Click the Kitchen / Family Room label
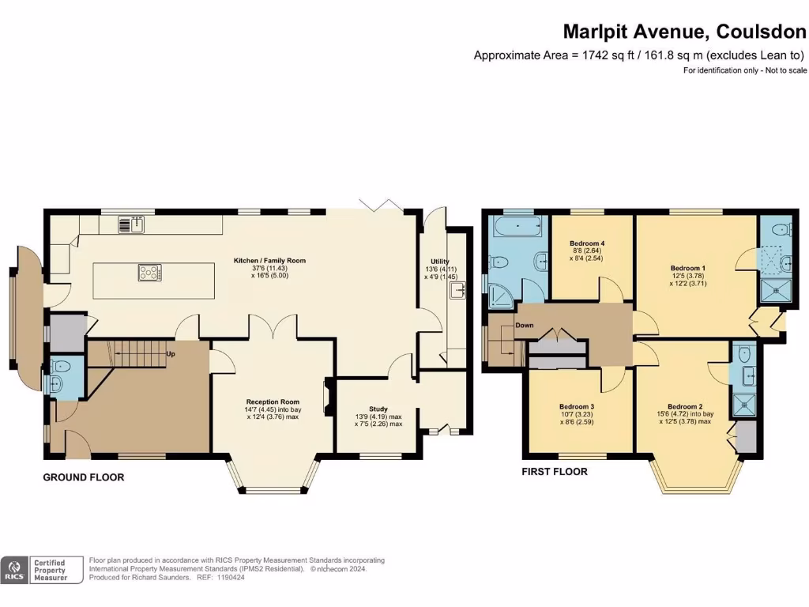point(269,260)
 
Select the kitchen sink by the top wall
point(130,224)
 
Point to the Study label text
point(378,409)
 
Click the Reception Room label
point(269,402)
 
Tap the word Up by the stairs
point(171,354)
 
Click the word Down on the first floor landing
point(525,325)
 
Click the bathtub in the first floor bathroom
point(517,228)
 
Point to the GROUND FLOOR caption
point(83,477)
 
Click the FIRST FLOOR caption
point(555,472)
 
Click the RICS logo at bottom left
point(13,570)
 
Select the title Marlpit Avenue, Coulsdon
point(685,32)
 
